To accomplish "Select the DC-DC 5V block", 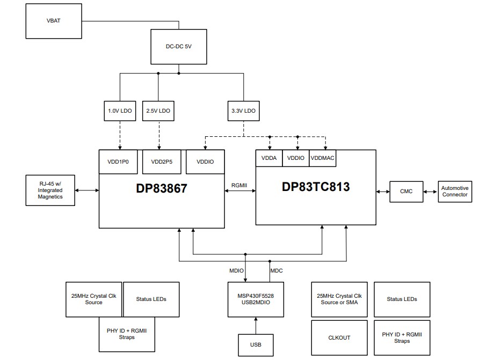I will (x=179, y=47).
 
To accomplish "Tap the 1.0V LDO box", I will (x=120, y=111).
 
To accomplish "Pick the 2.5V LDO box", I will (x=158, y=111).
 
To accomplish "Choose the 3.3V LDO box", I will (x=243, y=111).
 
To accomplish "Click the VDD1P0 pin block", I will (x=119, y=161).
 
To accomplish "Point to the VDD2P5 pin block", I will (x=159, y=161).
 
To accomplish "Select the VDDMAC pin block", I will (x=323, y=158).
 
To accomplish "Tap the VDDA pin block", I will (x=268, y=158).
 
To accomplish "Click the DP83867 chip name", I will (x=161, y=188).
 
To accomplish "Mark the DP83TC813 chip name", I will (x=316, y=187).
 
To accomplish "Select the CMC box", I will (x=406, y=192).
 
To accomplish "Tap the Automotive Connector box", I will (x=455, y=192).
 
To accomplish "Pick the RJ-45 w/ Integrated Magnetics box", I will (x=50, y=190).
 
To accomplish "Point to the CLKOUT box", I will (x=339, y=337).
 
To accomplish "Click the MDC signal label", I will (x=277, y=270).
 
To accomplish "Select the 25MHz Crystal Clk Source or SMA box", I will (x=339, y=299).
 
